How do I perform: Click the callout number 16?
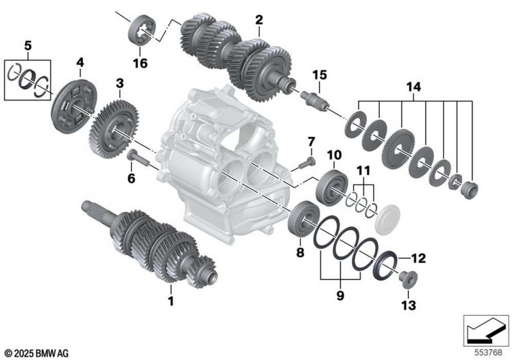click(140, 63)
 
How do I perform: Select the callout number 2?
click(259, 21)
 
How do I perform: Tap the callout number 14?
click(414, 87)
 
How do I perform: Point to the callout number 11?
click(363, 170)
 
